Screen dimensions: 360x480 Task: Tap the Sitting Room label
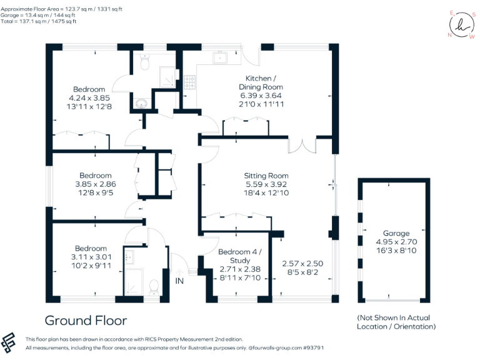[x=266, y=176]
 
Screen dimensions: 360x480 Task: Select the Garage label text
[x=392, y=232]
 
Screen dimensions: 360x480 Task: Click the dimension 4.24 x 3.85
[x=89, y=98]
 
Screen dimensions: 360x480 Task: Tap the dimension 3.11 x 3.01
[x=90, y=257]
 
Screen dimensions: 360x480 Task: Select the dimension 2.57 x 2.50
[x=302, y=263]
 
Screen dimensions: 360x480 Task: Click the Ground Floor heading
[x=86, y=321]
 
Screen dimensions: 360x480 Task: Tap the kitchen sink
[x=221, y=58]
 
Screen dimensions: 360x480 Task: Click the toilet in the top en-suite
[x=144, y=62]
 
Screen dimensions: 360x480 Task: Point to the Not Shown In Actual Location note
[x=396, y=322]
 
